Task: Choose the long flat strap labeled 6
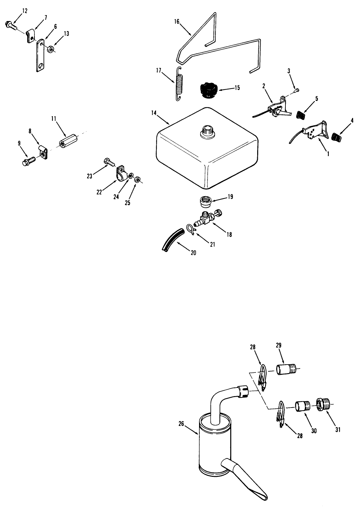[40, 55]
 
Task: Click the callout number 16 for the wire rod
[177, 21]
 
